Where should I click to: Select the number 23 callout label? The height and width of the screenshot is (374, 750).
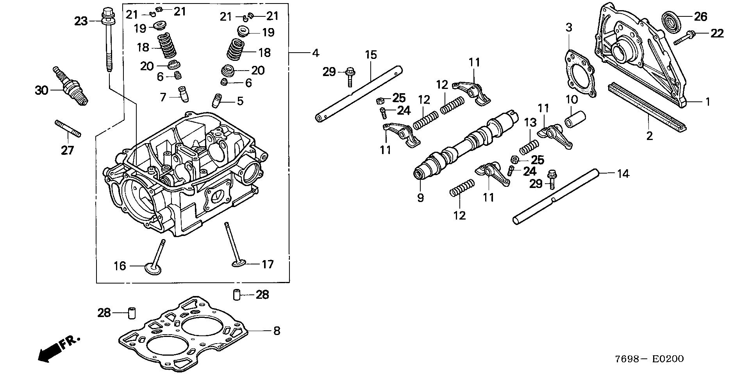click(x=81, y=21)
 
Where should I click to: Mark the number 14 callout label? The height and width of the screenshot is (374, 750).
click(x=623, y=174)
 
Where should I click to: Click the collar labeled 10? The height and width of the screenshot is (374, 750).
click(x=576, y=118)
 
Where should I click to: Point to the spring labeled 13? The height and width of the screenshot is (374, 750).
click(x=529, y=148)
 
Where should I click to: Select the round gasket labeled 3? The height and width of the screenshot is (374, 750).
click(x=580, y=74)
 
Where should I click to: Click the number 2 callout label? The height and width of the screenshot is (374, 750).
click(x=649, y=136)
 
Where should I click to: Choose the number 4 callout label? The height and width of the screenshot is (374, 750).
click(x=315, y=53)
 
